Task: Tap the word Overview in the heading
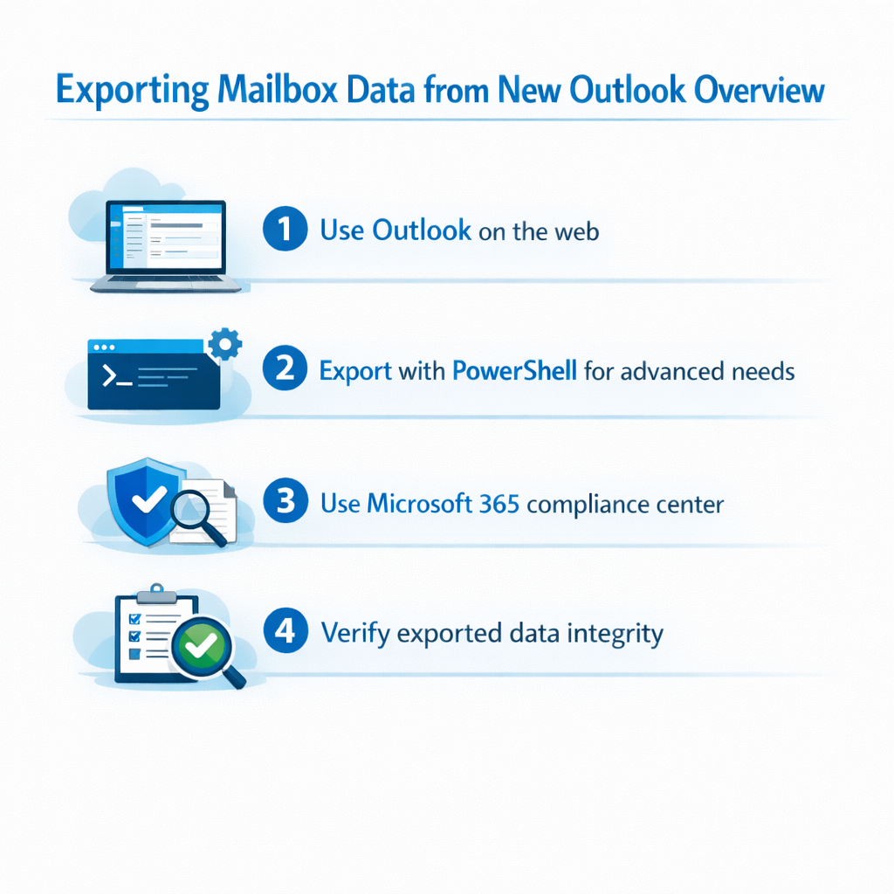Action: [x=760, y=90]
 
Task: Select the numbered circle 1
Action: [x=285, y=229]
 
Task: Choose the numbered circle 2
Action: [x=285, y=368]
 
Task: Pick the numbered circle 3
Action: [x=285, y=500]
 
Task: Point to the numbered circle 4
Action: [x=285, y=630]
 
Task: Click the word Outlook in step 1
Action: [x=422, y=230]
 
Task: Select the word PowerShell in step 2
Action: [x=515, y=370]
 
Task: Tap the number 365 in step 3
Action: [x=499, y=504]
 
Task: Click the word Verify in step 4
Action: [x=356, y=634]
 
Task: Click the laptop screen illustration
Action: [x=165, y=235]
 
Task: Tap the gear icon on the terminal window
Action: [x=224, y=344]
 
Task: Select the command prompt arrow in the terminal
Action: [x=109, y=375]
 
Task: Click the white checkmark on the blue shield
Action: [x=149, y=499]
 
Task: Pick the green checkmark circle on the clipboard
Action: [x=202, y=646]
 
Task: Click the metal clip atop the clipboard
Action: [x=157, y=594]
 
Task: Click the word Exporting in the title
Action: [x=133, y=90]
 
